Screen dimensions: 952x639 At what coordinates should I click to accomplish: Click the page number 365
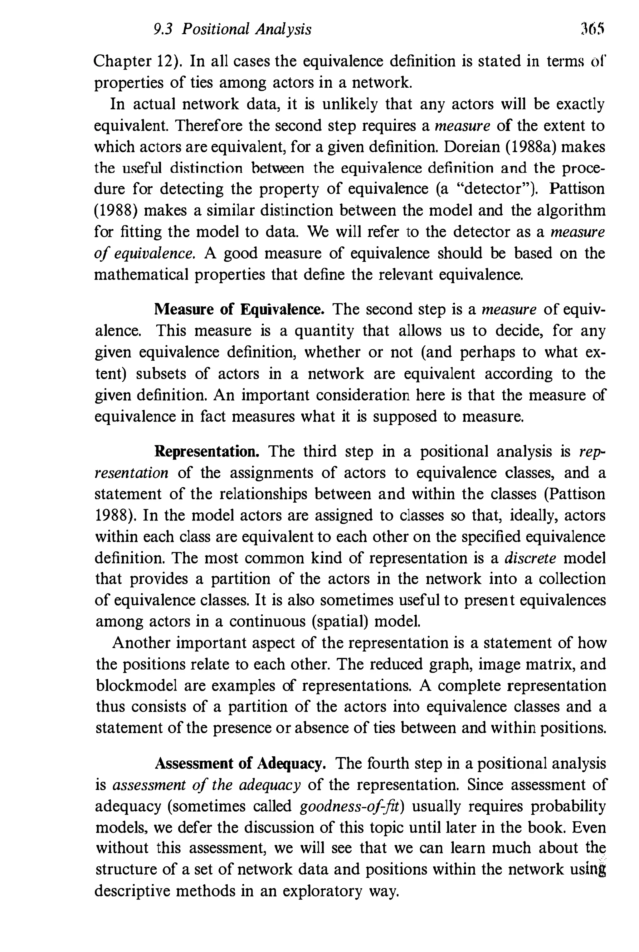click(x=593, y=30)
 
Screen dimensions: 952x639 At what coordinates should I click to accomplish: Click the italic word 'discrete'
click(x=530, y=558)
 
